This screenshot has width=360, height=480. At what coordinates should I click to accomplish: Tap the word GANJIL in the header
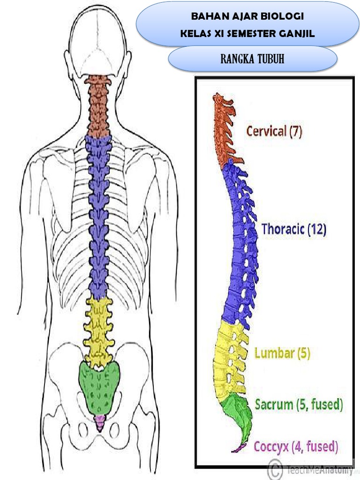coord(297,33)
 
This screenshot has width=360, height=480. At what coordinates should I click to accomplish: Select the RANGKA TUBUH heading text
coord(252,59)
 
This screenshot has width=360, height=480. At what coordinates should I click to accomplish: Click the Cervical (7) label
coord(274,131)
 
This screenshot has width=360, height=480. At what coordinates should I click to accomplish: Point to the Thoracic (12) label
coord(294,229)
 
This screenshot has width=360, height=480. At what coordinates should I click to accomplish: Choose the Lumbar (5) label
coord(282,353)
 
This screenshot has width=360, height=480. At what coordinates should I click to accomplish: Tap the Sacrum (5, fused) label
coord(299,405)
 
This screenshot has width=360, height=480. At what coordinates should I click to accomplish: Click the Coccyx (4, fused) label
coord(296,447)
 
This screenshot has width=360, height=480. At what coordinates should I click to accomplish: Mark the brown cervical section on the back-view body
coord(98,107)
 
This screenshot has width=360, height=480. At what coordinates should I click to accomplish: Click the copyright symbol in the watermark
coord(275,469)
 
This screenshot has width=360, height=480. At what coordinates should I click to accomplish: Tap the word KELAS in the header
coord(195,33)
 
